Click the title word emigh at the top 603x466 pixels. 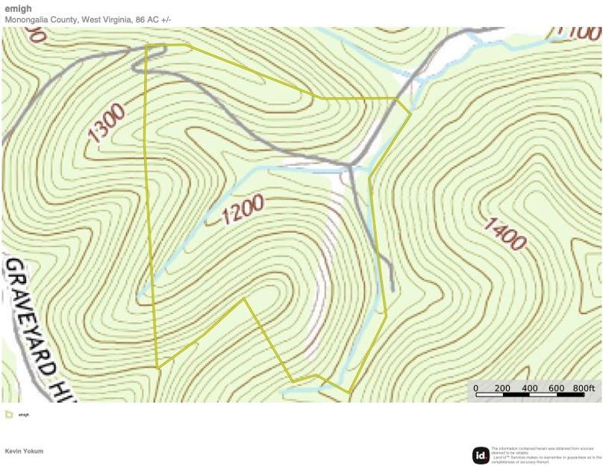19,10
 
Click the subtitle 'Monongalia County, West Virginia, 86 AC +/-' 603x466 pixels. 88,19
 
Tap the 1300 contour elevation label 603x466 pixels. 107,123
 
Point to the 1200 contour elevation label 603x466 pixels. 243,210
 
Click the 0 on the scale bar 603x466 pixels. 476,388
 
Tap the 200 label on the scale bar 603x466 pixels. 502,388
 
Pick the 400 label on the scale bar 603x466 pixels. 530,388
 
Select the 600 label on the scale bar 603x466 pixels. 557,388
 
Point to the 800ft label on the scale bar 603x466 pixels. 584,388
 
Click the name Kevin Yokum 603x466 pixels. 24,451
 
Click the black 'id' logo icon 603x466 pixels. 481,454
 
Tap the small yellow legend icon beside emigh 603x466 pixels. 8,414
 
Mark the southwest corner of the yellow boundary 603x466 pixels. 157,367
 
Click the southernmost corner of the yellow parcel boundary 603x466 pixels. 349,393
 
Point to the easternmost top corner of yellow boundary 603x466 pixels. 410,114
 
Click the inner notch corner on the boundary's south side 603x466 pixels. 245,299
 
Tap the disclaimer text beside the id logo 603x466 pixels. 546,453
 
